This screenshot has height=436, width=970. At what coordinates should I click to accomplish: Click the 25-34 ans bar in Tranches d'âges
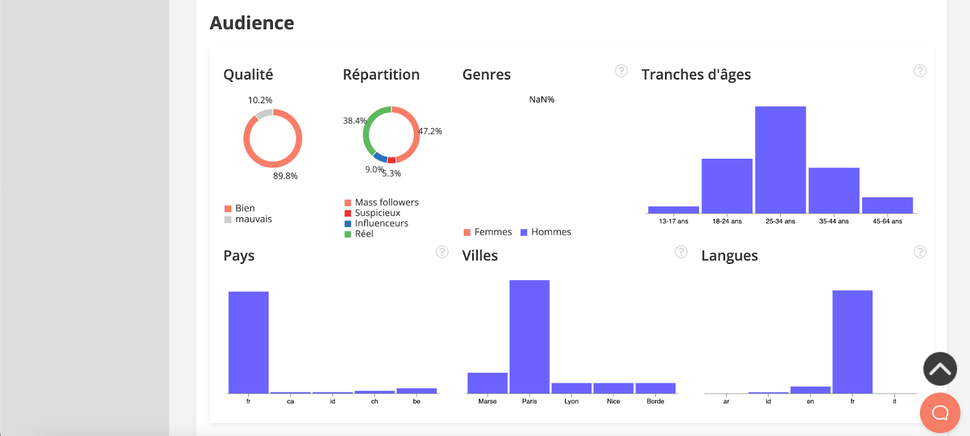(780, 160)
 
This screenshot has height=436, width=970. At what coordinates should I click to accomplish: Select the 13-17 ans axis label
(674, 221)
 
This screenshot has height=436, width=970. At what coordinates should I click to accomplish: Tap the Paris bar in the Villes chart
(529, 337)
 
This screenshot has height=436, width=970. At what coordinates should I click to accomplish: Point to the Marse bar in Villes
(487, 383)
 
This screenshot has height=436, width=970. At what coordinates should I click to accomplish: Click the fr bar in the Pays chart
(249, 343)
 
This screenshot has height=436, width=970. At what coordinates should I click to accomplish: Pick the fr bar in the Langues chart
(852, 342)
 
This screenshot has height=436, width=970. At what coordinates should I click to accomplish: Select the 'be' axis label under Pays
(416, 401)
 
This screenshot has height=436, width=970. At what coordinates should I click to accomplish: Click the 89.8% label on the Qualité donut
(285, 176)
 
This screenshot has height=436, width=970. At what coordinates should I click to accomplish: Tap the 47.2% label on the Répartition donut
(430, 131)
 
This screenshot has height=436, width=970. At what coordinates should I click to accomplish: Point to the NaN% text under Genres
(541, 99)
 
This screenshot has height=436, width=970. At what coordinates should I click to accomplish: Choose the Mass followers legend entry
(386, 203)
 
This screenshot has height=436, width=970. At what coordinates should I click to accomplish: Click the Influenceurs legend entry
(381, 223)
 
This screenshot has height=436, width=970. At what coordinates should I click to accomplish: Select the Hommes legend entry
(550, 232)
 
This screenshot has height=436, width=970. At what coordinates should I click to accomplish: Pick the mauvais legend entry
(253, 219)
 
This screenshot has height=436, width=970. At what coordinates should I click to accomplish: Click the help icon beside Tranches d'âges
(920, 71)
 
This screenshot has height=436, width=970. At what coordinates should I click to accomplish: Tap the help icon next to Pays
(442, 252)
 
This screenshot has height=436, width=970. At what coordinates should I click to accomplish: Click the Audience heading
(252, 23)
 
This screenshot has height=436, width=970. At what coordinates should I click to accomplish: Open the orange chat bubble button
(940, 413)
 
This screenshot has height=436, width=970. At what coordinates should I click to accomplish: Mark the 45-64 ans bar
(887, 205)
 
